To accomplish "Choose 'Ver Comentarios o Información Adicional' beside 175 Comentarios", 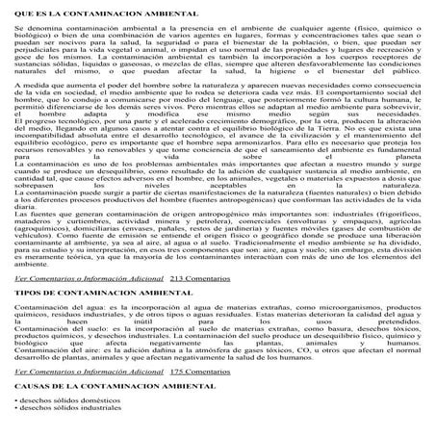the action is point(88,372).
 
